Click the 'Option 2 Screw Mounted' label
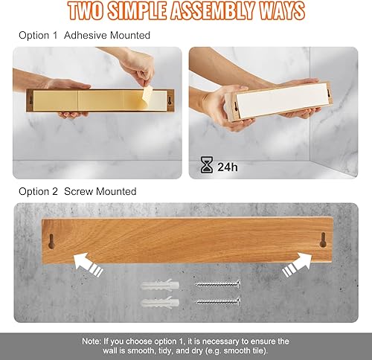(x=77, y=191)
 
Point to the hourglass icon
(x=207, y=167)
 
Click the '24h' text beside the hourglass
(x=228, y=167)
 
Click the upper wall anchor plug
(x=161, y=285)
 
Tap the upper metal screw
(x=217, y=284)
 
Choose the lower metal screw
(x=217, y=301)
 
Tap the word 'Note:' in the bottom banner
(x=94, y=340)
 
